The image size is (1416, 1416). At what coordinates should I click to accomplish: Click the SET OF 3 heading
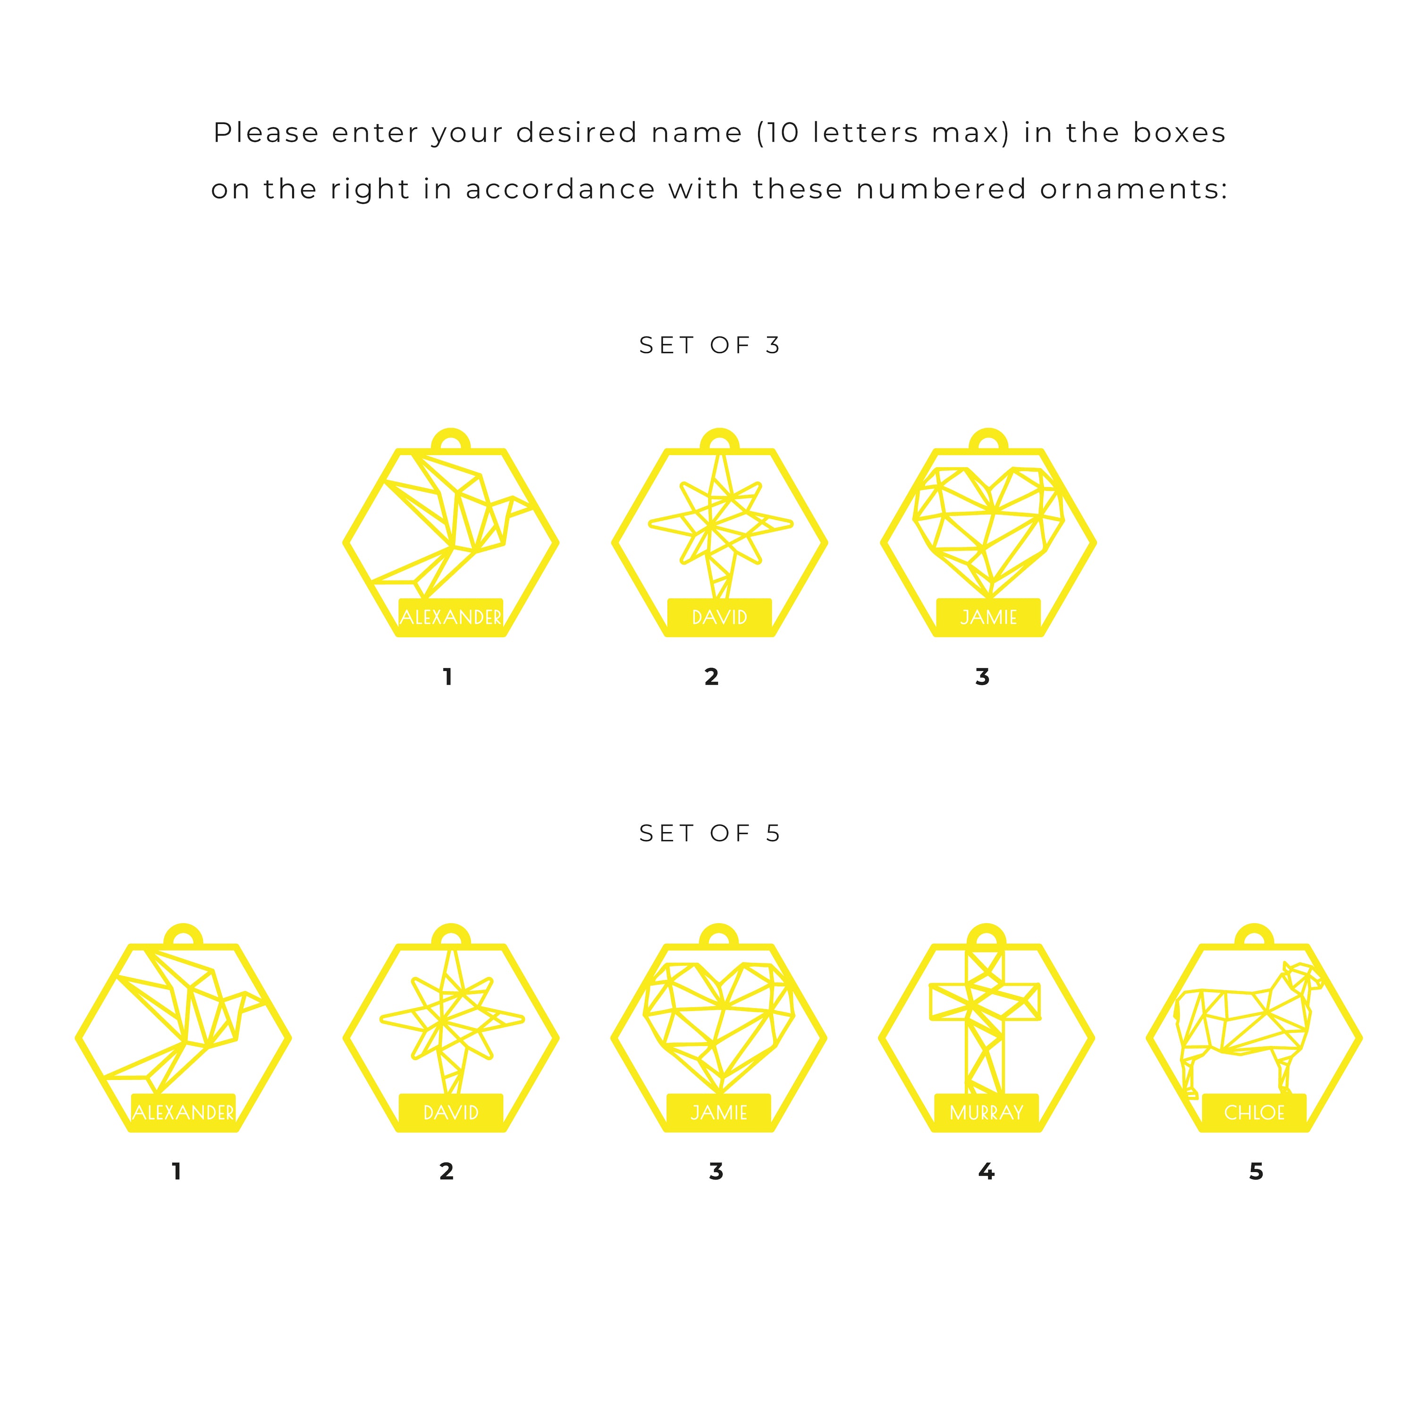(x=709, y=345)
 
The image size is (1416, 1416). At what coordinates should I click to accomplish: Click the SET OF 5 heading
(x=709, y=834)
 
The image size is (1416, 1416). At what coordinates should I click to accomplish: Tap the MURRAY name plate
(x=986, y=1112)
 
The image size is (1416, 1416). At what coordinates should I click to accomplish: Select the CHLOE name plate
(x=1254, y=1112)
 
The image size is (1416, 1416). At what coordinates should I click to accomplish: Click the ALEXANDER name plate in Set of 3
(x=451, y=616)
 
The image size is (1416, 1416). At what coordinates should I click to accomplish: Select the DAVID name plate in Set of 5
(x=451, y=1112)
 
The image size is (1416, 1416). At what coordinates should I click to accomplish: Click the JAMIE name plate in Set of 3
(x=988, y=616)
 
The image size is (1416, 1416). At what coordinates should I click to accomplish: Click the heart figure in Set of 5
(x=719, y=1026)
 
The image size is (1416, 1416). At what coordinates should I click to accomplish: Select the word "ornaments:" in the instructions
(x=1133, y=189)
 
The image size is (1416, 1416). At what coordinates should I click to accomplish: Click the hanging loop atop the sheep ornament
(x=1254, y=936)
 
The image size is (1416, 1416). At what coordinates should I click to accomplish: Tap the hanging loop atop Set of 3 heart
(x=988, y=440)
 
